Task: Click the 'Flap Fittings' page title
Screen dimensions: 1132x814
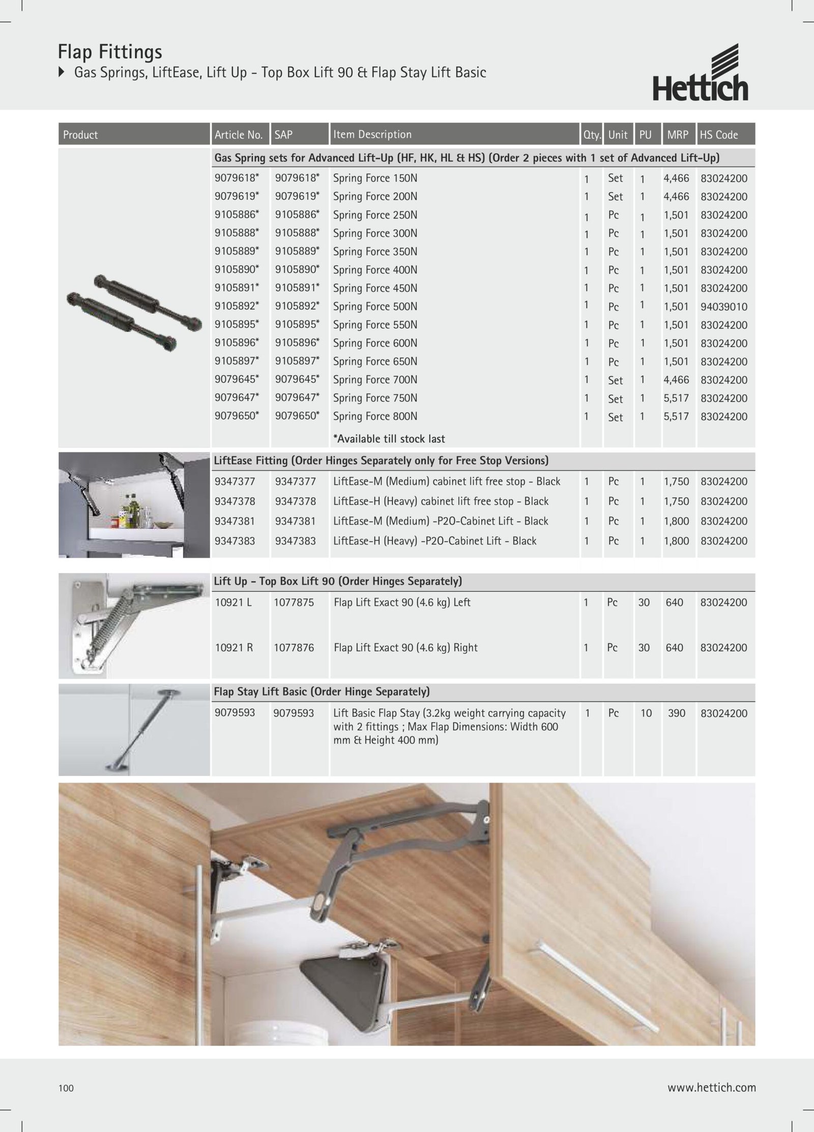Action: [110, 52]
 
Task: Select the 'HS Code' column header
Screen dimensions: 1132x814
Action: [718, 135]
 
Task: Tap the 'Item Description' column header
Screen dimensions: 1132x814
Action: [372, 135]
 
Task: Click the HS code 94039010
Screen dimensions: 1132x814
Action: [723, 307]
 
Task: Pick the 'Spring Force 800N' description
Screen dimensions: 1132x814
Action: [375, 416]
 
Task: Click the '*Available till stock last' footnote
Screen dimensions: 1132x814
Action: [389, 439]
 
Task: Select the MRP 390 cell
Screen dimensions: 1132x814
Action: [676, 713]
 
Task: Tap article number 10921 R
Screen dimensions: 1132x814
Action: [234, 648]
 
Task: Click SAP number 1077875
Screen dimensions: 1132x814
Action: [294, 603]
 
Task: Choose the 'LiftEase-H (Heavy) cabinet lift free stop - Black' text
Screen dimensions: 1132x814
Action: [441, 501]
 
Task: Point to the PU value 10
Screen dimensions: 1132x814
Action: [646, 713]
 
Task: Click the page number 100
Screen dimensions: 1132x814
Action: [66, 1088]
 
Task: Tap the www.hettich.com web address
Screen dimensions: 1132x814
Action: [711, 1088]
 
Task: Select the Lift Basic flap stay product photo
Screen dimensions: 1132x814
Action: [134, 730]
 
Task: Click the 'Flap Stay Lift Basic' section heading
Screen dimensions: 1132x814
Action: [322, 692]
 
